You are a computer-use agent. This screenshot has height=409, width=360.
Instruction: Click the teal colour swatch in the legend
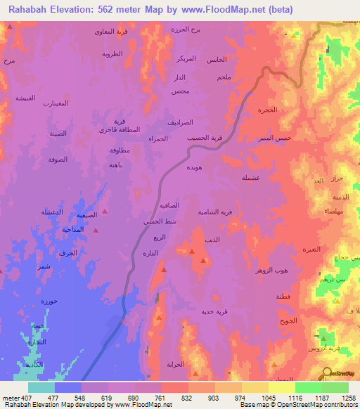coord(41,387)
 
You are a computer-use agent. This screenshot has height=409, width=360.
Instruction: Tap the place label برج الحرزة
coord(186,30)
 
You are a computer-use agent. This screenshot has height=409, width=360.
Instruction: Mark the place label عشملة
coord(251,178)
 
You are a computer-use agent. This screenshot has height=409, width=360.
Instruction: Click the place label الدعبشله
coord(51,212)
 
